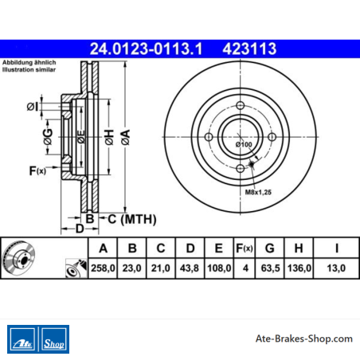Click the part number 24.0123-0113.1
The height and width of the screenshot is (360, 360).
(146, 49)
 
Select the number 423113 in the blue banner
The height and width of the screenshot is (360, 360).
(249, 49)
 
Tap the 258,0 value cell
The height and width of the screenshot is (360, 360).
(103, 268)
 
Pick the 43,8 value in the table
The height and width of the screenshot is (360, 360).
(190, 268)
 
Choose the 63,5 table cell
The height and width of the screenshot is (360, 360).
(270, 268)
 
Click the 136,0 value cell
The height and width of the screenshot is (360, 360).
(299, 268)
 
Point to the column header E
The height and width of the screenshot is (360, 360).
(218, 248)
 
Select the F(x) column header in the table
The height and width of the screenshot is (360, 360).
(245, 248)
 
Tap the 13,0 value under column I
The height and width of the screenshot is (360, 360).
(336, 268)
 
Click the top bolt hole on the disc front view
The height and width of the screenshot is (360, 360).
(241, 105)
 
